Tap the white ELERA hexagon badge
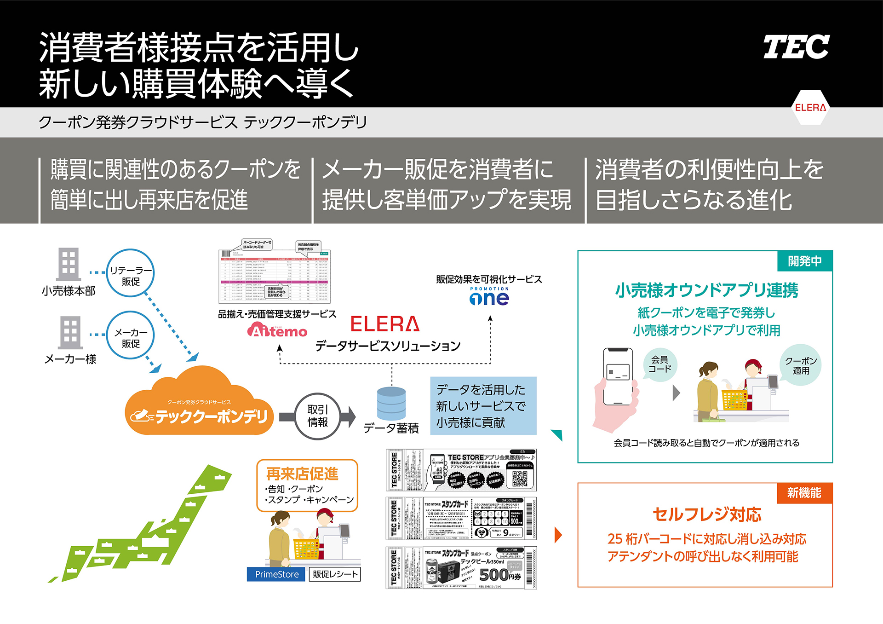(x=810, y=108)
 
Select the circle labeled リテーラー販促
(x=131, y=273)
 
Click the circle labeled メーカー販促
(x=131, y=335)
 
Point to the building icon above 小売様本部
(x=69, y=264)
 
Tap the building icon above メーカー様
(x=70, y=332)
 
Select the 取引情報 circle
(x=317, y=416)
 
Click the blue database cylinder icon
(x=391, y=403)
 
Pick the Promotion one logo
(x=489, y=297)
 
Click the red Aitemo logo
(x=277, y=330)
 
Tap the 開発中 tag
(x=804, y=261)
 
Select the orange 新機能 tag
(x=804, y=493)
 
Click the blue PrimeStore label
(x=276, y=574)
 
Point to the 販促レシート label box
(x=335, y=574)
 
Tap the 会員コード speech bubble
(x=659, y=364)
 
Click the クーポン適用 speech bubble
(x=801, y=365)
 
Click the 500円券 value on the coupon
(x=499, y=575)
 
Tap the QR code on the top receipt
(x=520, y=479)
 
